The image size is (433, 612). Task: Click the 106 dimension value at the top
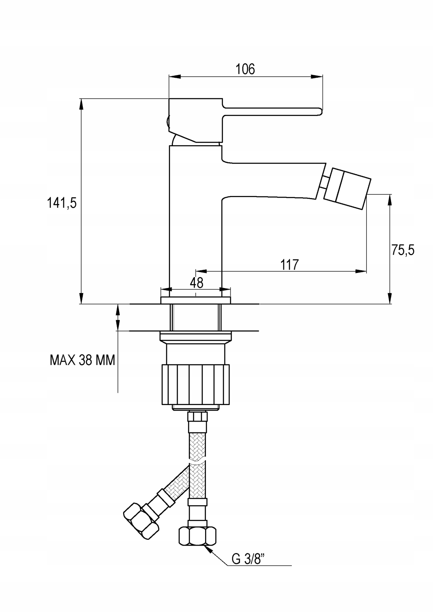click(245, 69)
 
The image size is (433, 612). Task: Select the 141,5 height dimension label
click(62, 203)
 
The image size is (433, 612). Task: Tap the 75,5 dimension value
click(403, 250)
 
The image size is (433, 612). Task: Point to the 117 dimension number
click(289, 264)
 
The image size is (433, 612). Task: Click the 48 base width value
click(197, 283)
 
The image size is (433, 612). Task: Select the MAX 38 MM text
click(82, 360)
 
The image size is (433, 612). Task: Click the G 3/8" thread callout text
click(249, 559)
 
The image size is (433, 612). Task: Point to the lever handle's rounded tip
click(320, 112)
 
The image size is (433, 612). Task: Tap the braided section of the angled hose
click(175, 482)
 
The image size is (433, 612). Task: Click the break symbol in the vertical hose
click(197, 462)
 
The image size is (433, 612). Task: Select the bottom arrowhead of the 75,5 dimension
click(390, 297)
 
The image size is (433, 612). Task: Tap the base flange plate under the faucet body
click(196, 300)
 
